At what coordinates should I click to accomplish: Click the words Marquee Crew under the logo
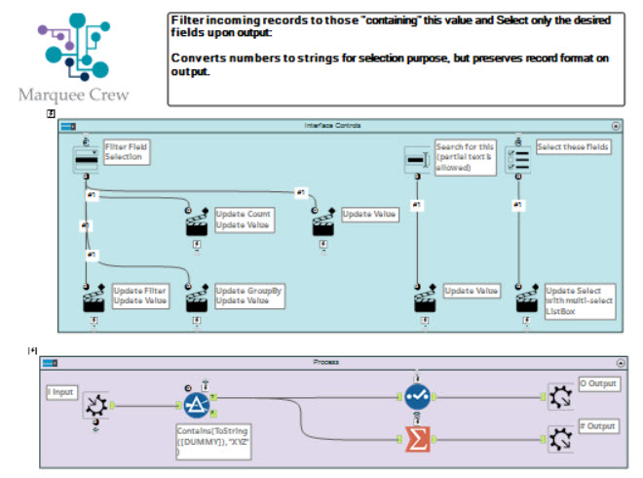coord(73,95)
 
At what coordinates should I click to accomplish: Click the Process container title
coord(325,362)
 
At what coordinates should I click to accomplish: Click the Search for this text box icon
coord(417,160)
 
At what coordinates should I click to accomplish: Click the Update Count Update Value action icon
coord(197,222)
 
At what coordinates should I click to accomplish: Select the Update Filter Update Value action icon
coord(95,299)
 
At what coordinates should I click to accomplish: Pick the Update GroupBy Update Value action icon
coord(197,299)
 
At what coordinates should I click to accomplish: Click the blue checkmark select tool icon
coord(417,396)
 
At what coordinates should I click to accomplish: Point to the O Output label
coord(597,384)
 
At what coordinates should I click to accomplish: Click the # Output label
coord(597,426)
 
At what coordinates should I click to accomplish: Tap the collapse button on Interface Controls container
coord(616,126)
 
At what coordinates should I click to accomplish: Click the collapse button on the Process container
coord(616,362)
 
